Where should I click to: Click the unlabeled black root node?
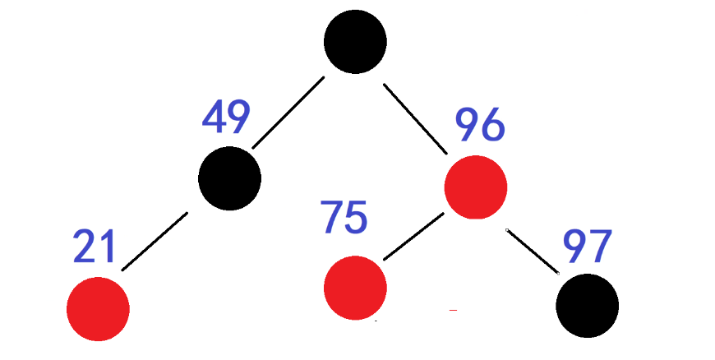(355, 41)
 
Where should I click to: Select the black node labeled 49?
(230, 178)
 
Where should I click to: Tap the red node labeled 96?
(476, 188)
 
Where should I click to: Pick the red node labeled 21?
(98, 309)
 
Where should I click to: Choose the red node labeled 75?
(355, 288)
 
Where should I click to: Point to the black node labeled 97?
(587, 305)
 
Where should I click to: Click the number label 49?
(226, 118)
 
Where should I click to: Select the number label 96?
(481, 125)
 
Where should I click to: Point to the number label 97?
(588, 246)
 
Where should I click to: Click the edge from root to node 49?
(287, 113)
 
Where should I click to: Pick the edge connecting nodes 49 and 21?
(155, 241)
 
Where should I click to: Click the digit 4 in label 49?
(214, 118)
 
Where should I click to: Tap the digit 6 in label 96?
(493, 125)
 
